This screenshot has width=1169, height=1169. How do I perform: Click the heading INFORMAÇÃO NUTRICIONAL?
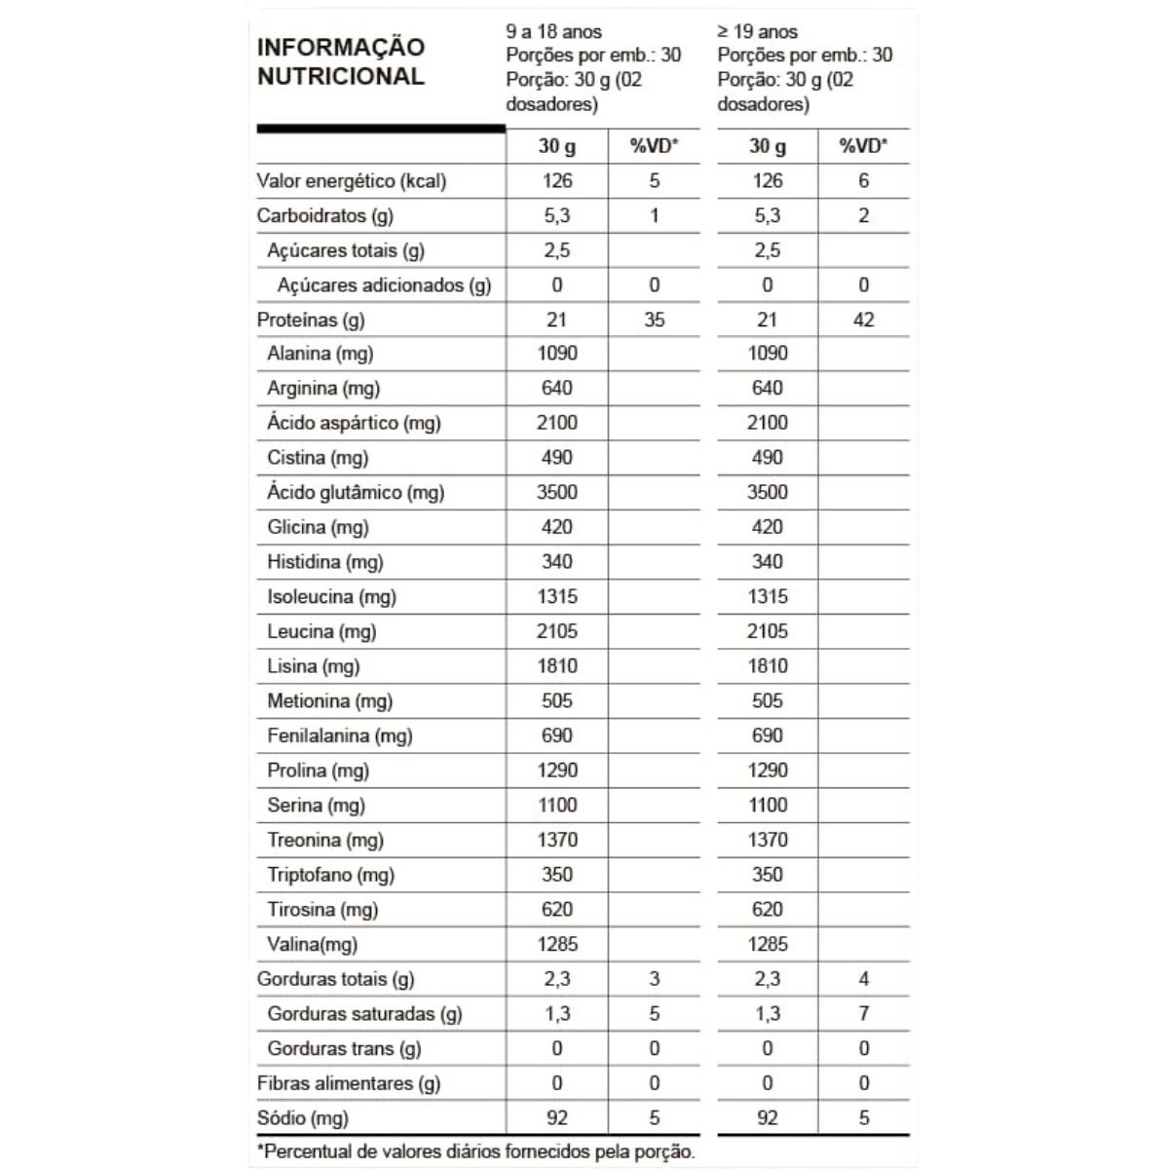click(x=341, y=61)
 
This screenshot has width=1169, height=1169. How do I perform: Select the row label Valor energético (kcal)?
click(x=352, y=181)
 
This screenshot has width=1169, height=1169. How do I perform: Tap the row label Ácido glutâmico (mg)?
click(x=356, y=493)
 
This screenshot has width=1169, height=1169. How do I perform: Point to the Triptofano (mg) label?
click(x=330, y=875)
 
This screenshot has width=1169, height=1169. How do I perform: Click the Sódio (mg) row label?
click(x=303, y=1118)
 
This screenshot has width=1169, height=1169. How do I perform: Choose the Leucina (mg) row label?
click(x=321, y=631)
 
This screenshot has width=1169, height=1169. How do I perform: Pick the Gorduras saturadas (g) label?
click(x=364, y=1014)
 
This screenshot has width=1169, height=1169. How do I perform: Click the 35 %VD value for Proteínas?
click(x=654, y=320)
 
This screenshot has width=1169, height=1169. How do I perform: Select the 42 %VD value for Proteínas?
click(x=863, y=320)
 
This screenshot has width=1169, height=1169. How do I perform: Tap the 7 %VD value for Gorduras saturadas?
click(x=863, y=1014)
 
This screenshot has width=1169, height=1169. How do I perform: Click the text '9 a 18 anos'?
click(x=554, y=32)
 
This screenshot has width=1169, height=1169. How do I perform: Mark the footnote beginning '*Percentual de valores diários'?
click(x=476, y=1151)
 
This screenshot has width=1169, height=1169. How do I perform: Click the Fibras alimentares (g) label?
click(x=349, y=1083)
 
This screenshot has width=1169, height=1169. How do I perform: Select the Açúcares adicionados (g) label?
click(x=384, y=285)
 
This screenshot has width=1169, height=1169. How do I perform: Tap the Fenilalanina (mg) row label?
click(x=340, y=735)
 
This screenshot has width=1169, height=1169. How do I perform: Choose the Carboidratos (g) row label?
click(x=325, y=215)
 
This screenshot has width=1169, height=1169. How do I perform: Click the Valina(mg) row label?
click(x=312, y=944)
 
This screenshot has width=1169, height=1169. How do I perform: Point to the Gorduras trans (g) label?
click(x=344, y=1049)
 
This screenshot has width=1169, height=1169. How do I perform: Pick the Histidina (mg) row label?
click(x=325, y=562)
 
